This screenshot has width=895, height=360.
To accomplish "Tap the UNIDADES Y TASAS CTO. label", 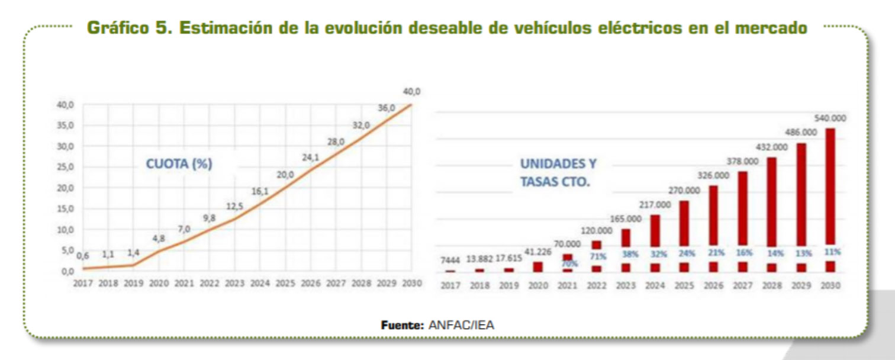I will coord(558,172).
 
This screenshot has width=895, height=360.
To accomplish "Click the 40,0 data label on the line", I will coord(411,91).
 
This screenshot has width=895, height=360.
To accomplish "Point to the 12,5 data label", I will coord(235,205).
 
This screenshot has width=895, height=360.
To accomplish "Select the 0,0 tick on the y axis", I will coord(67,271).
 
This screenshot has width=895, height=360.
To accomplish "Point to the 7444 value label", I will coord(450,260).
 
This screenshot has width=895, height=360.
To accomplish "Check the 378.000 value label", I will coord(742,161).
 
